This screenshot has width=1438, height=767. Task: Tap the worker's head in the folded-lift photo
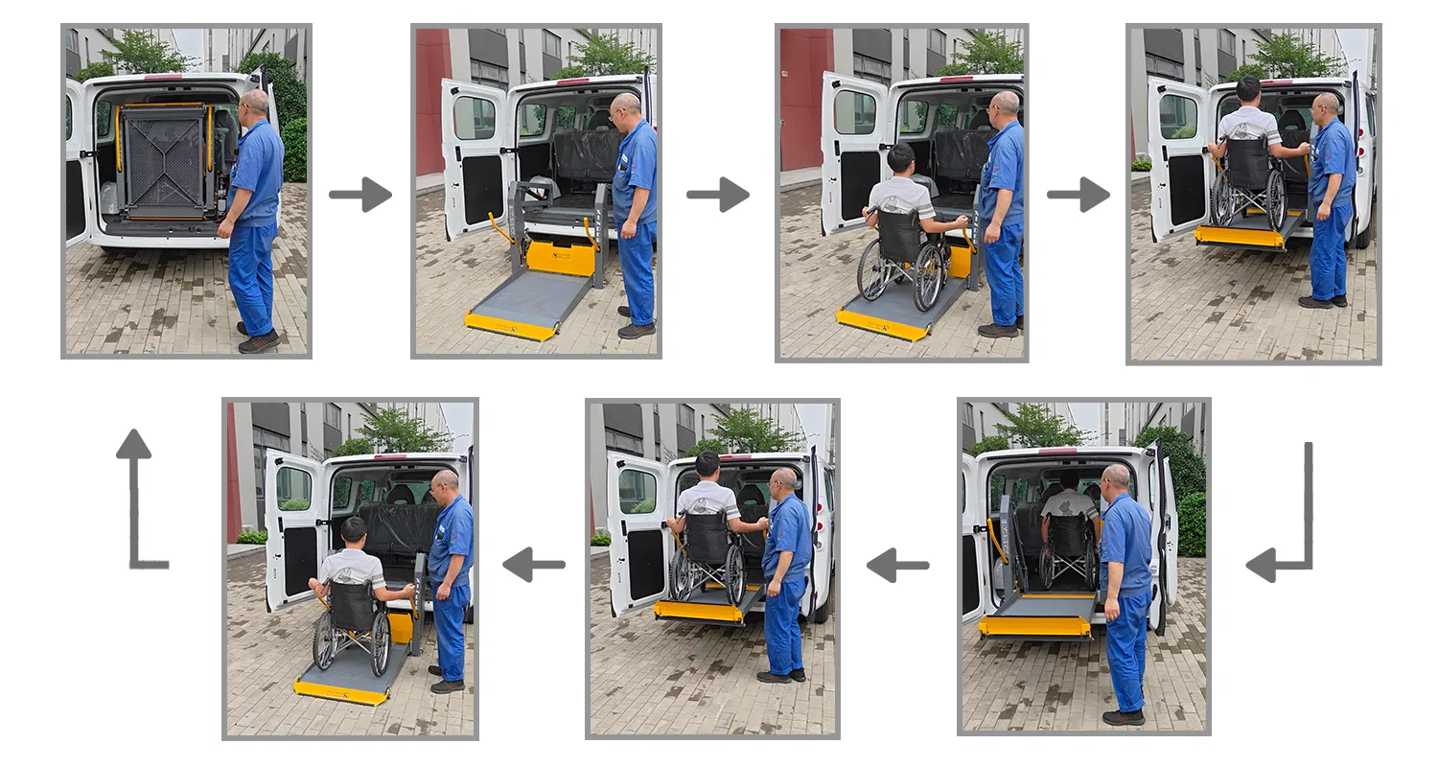pyautogui.click(x=254, y=103)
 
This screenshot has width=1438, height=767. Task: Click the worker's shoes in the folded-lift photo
pyautogui.click(x=257, y=339)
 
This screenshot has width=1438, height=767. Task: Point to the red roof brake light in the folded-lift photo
pyautogui.click(x=162, y=77)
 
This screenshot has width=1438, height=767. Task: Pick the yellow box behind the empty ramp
pyautogui.click(x=561, y=257)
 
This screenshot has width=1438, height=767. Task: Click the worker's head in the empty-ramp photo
pyautogui.click(x=626, y=105)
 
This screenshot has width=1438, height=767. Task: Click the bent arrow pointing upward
pyautogui.click(x=138, y=499)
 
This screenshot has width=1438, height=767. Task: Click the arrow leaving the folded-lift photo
pyautogui.click(x=359, y=195)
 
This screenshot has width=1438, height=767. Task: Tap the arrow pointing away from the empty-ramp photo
pyautogui.click(x=717, y=195)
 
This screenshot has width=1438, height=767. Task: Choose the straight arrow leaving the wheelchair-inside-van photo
pyautogui.click(x=897, y=565)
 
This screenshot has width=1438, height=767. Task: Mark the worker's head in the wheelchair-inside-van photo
pyautogui.click(x=1116, y=476)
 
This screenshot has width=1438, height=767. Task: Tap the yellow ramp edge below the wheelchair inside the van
pyautogui.click(x=1034, y=626)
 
